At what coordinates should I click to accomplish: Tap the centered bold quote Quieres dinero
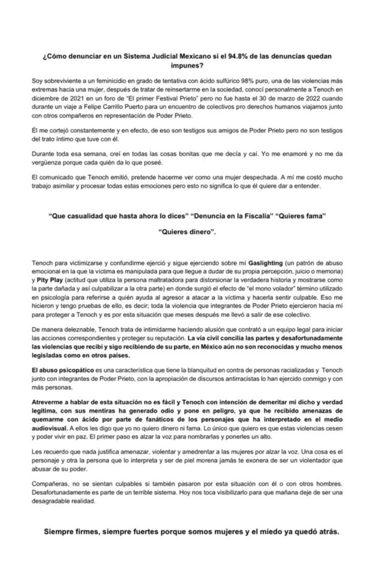(187, 232)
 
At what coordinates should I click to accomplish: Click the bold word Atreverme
(48, 402)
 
